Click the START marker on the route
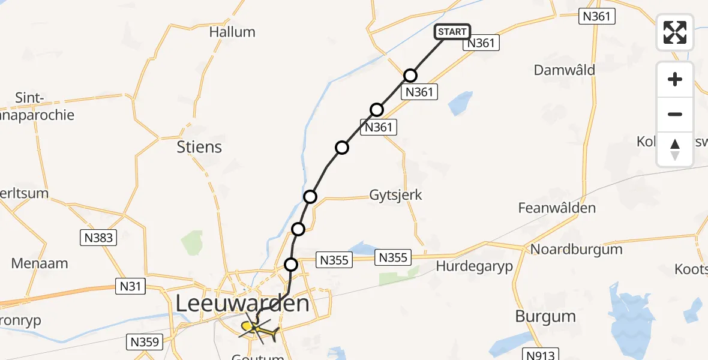click(x=452, y=32)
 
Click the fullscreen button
click(x=675, y=32)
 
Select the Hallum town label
click(x=232, y=32)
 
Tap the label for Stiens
click(x=199, y=147)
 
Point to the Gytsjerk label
click(x=395, y=195)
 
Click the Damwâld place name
click(x=565, y=70)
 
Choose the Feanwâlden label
click(x=557, y=208)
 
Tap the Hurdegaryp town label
click(x=475, y=266)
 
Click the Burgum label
click(x=545, y=316)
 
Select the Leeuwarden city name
click(x=242, y=304)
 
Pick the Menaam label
click(x=40, y=263)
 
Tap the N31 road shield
click(x=130, y=287)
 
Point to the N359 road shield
click(x=145, y=343)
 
